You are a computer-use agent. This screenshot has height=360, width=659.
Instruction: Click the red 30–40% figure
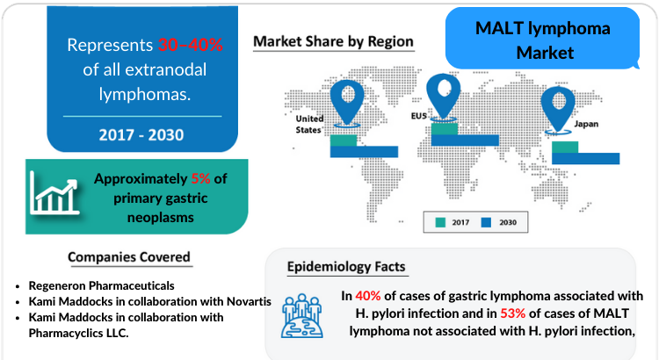(191, 45)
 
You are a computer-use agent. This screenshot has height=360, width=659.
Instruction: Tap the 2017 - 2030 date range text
(141, 135)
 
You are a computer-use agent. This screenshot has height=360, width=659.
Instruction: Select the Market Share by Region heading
(333, 41)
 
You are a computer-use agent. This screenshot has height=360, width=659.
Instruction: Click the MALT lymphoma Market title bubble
(543, 39)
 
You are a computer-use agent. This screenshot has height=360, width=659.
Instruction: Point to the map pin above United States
(347, 102)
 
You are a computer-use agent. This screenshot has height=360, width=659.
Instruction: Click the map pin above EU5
(444, 97)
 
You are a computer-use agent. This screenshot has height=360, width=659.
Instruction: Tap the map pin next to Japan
(558, 109)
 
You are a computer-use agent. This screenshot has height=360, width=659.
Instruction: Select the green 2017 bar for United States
(344, 140)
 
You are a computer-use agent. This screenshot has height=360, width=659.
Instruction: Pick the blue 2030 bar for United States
(364, 152)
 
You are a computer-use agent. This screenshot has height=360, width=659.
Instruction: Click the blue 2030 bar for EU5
(465, 140)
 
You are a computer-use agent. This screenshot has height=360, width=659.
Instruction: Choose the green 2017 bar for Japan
(565, 147)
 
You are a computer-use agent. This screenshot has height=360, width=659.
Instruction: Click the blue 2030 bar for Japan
(585, 158)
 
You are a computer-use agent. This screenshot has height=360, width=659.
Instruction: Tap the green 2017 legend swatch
(440, 223)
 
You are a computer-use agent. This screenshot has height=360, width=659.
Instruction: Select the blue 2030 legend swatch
(486, 223)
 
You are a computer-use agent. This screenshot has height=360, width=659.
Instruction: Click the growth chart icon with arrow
(54, 193)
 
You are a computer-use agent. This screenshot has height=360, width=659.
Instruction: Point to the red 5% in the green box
(200, 179)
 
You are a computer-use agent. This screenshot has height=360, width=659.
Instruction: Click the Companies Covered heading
(129, 257)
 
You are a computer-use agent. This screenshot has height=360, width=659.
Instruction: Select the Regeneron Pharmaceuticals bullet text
(101, 285)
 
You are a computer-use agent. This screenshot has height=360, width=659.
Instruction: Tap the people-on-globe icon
(301, 316)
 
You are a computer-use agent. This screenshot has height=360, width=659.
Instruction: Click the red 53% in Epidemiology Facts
(513, 313)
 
